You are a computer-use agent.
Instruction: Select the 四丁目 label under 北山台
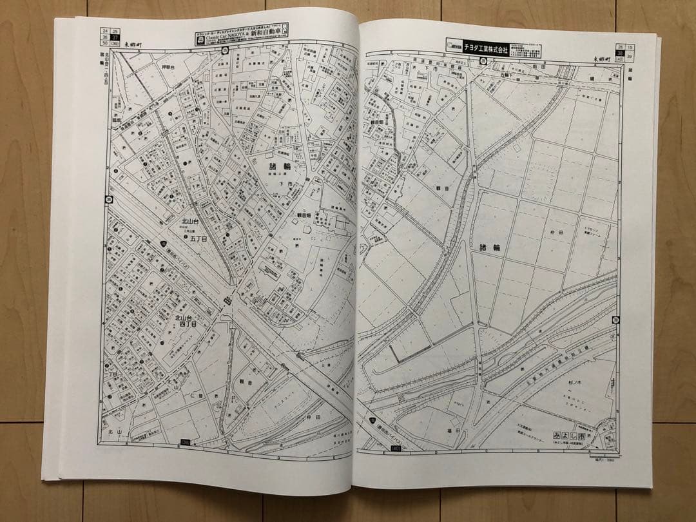pyautogui.click(x=188, y=327)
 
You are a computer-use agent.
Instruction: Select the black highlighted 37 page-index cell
pyautogui.click(x=115, y=37)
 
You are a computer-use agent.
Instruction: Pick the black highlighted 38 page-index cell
pyautogui.click(x=620, y=53)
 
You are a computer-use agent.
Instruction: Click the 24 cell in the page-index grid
pyautogui.click(x=104, y=30)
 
